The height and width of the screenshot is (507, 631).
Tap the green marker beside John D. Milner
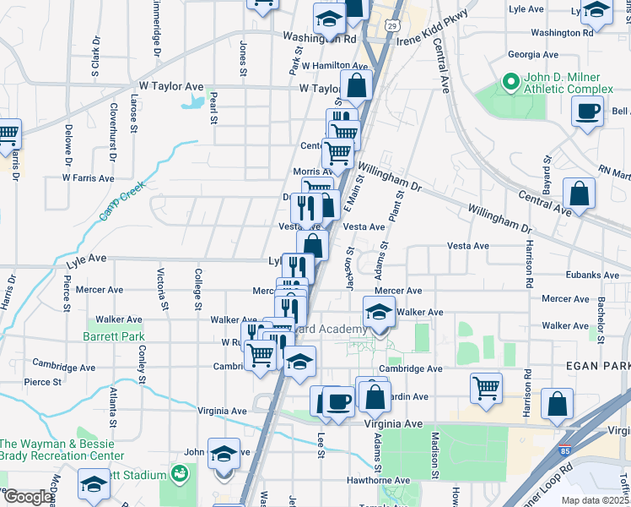[510, 82]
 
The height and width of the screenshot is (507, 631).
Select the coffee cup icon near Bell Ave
[587, 111]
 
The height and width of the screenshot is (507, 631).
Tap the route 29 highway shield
[392, 26]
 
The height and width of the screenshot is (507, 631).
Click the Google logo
[27, 498]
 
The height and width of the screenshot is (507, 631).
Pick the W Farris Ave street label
[88, 178]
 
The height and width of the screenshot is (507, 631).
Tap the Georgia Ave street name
[533, 54]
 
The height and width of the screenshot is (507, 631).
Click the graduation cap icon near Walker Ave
[379, 313]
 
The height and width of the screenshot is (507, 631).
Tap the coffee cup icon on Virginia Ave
[338, 402]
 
